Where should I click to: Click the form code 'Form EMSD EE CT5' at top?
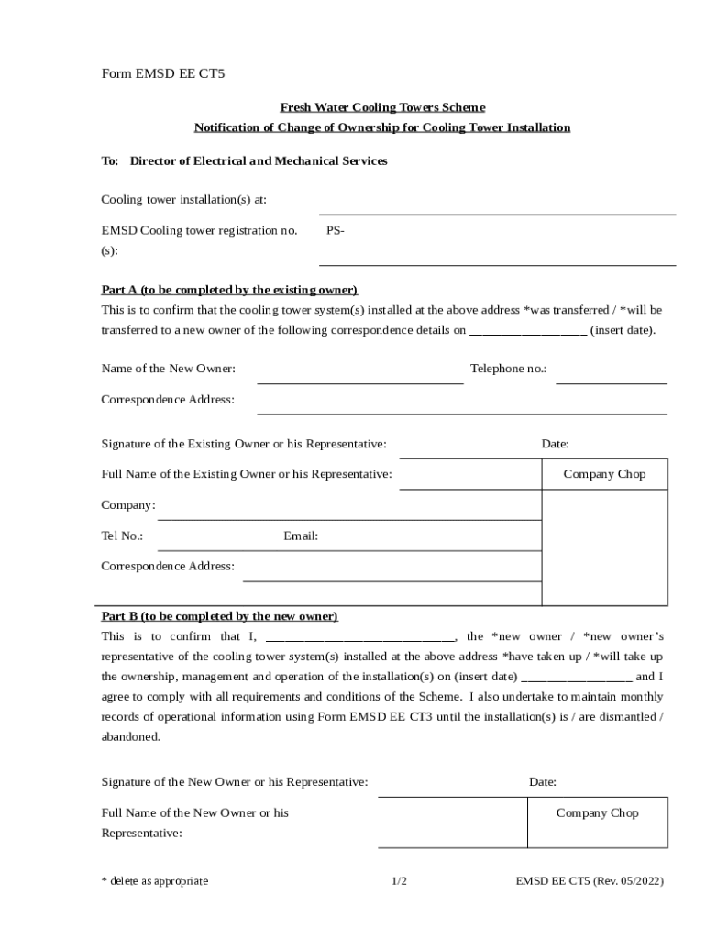(x=162, y=74)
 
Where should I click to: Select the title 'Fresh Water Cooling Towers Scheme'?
(x=382, y=107)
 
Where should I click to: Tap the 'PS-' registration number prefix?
(x=336, y=231)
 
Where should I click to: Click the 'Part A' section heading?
(x=229, y=290)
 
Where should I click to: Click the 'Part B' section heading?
(x=219, y=616)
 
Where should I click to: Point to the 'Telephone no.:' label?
(x=508, y=369)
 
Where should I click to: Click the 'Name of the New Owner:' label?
(x=168, y=369)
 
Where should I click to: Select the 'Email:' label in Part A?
(x=301, y=536)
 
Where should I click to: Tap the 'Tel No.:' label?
(x=122, y=536)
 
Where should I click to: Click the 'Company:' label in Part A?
(x=128, y=505)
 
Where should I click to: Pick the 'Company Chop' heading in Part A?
(x=604, y=474)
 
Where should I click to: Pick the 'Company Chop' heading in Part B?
(x=597, y=813)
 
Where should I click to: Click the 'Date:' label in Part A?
(x=555, y=444)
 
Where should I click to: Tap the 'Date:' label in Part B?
(x=543, y=782)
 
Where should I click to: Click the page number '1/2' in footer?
(x=399, y=881)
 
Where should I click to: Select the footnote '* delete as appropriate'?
(x=155, y=881)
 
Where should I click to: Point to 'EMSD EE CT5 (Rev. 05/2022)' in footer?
(x=590, y=881)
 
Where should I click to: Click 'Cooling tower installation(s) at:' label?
(x=183, y=200)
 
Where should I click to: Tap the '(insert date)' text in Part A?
(x=623, y=330)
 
